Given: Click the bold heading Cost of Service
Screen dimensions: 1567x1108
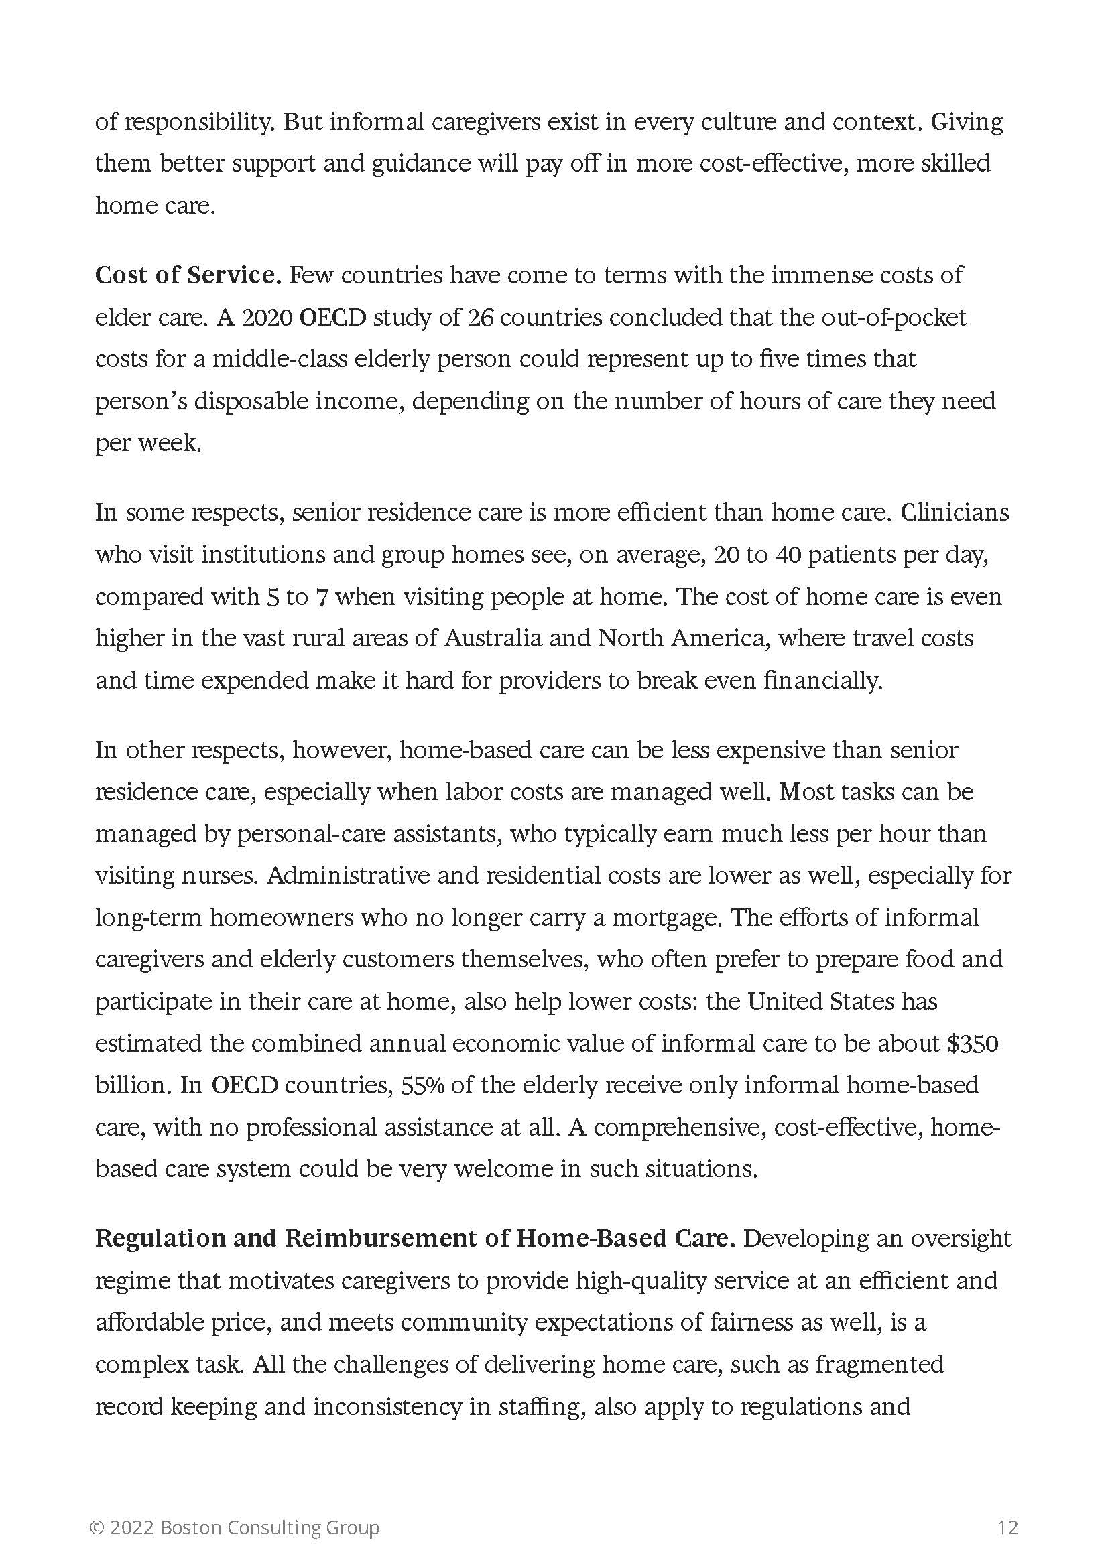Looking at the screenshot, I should [x=188, y=275].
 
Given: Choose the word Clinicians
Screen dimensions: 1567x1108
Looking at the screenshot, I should [x=955, y=512].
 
